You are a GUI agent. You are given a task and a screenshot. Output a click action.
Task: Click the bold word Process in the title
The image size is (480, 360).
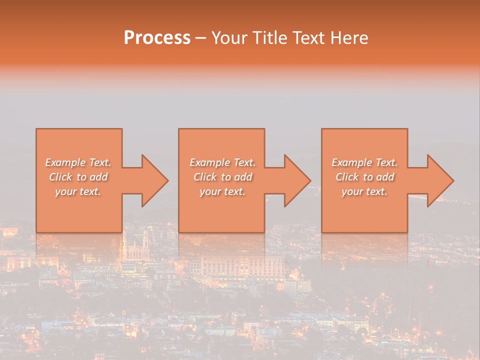point(157,38)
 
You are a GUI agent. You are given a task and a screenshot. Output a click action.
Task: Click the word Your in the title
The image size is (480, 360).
point(228,38)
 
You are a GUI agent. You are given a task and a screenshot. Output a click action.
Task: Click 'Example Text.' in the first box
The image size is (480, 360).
point(78,162)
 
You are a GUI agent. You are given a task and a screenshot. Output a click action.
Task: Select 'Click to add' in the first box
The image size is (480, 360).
point(78,177)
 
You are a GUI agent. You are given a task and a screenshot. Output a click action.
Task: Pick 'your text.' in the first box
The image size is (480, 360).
point(78,191)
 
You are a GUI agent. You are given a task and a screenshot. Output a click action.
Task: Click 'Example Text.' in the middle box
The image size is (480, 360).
point(222,162)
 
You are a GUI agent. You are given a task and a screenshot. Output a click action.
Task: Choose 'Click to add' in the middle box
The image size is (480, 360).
point(222,177)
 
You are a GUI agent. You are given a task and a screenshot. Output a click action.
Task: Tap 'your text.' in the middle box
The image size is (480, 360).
point(222,191)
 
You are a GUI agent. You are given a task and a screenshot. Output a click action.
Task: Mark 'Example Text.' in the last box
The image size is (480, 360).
point(364,162)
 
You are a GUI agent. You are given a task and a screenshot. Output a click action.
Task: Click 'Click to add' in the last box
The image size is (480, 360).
point(364,177)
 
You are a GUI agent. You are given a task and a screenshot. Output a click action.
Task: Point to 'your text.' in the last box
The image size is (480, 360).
point(364,191)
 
